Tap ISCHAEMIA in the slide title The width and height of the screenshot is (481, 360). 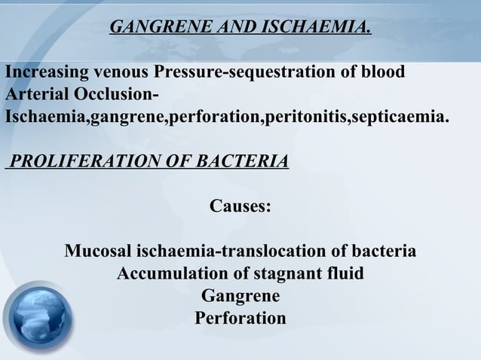click(303, 29)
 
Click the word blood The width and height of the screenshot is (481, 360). click(382, 73)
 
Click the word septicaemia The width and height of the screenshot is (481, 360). click(397, 118)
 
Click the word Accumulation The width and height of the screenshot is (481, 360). click(167, 273)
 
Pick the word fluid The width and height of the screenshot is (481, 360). click(346, 273)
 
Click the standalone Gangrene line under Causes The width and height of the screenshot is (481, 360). click(240, 296)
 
